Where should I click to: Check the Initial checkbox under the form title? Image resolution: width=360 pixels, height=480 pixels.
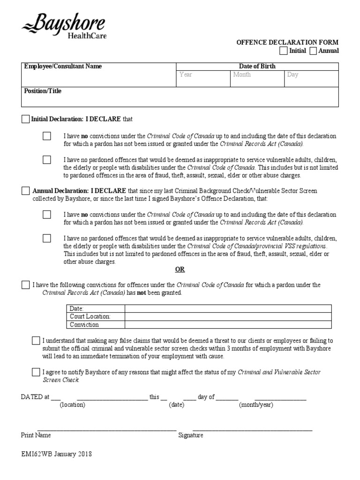(x=284, y=51)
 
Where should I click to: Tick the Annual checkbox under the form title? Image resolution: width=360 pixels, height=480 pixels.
(x=313, y=51)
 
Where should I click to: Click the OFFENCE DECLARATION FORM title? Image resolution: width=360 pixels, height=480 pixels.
(x=287, y=42)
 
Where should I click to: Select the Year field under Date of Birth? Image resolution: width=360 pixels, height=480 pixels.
(x=202, y=79)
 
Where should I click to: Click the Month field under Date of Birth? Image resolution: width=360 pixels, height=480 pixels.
(x=257, y=79)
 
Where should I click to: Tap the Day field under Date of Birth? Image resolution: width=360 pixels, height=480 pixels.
(x=311, y=79)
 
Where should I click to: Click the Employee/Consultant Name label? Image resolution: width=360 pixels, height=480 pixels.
(x=63, y=67)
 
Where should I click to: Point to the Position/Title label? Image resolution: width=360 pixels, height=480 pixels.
(x=43, y=91)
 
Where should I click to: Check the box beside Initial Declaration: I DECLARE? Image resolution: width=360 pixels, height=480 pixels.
(x=25, y=119)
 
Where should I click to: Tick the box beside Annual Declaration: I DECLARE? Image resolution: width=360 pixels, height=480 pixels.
(x=25, y=191)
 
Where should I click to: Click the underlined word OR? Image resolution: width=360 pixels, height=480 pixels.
(x=180, y=270)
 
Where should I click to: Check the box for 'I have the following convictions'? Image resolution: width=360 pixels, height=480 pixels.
(x=25, y=285)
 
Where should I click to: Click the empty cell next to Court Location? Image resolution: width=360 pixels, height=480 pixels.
(x=228, y=316)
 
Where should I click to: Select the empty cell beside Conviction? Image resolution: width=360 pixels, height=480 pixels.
(x=228, y=324)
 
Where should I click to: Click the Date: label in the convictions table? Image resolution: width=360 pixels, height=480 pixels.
(x=76, y=308)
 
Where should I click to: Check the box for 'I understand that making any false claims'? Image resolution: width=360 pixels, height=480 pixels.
(x=36, y=340)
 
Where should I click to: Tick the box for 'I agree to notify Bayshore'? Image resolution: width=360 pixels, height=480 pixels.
(x=36, y=372)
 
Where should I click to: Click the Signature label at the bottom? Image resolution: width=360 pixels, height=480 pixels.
(x=191, y=435)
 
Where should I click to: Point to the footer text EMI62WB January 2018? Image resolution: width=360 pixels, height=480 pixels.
(x=56, y=454)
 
